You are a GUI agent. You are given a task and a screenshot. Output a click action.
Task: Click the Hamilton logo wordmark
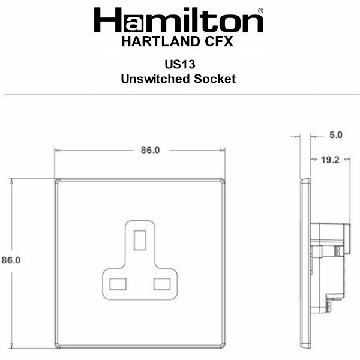(x=178, y=20)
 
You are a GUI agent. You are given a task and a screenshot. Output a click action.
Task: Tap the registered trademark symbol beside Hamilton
(x=260, y=11)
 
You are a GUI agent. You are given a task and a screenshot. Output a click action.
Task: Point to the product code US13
(x=180, y=64)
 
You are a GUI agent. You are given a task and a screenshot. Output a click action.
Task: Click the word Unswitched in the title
(x=155, y=79)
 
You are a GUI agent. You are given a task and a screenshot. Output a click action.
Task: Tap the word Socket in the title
(x=215, y=79)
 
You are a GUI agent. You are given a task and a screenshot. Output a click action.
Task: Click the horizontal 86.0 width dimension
(x=150, y=150)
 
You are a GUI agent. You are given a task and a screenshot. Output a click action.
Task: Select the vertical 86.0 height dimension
(x=11, y=260)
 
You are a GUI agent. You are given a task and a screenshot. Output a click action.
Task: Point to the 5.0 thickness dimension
(x=336, y=135)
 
